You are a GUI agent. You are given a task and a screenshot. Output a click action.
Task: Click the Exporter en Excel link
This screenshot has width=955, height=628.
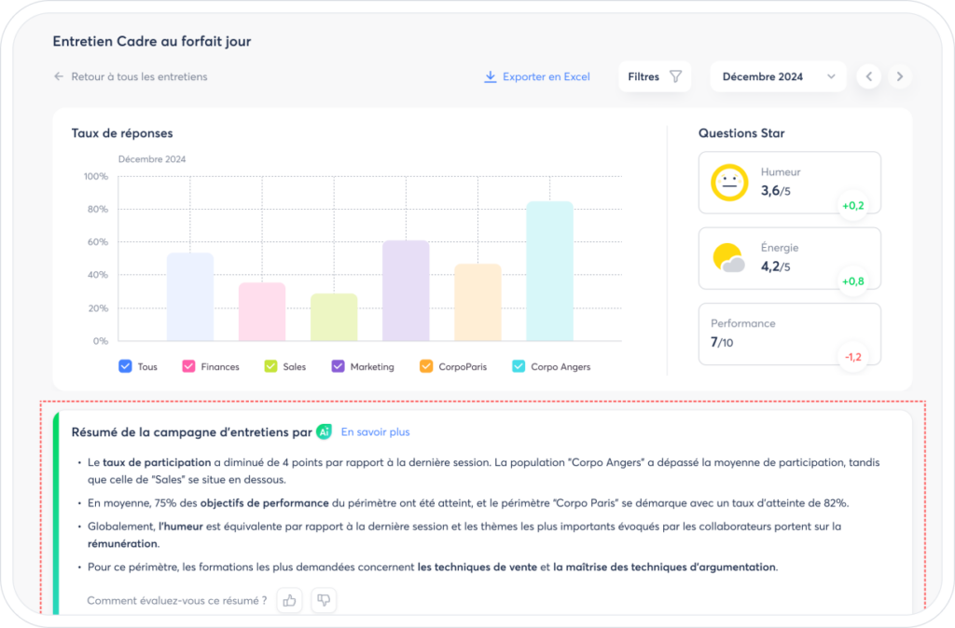536,76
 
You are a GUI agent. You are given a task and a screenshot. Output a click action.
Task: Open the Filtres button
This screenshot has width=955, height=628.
654,76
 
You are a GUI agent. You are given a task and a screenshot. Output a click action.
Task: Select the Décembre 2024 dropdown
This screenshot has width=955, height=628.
778,76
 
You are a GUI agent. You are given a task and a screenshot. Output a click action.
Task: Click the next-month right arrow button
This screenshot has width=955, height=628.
900,76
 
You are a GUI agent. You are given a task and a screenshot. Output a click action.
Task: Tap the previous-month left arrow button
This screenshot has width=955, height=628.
869,76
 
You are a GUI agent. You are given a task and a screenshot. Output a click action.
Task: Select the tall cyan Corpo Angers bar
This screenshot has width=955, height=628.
549,271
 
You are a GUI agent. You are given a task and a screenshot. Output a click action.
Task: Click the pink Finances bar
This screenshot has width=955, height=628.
262,311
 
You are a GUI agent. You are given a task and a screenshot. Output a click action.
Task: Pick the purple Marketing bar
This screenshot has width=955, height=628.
406,291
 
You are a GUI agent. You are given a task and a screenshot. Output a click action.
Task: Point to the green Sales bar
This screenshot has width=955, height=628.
334,317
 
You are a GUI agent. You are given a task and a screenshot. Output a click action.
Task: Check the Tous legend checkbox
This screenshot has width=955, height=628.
125,366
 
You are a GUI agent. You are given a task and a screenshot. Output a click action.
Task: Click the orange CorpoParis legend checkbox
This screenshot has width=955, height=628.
425,366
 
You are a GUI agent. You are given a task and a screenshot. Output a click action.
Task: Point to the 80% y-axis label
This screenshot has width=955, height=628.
97,210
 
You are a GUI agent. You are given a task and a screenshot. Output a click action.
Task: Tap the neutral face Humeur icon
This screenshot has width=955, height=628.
729,182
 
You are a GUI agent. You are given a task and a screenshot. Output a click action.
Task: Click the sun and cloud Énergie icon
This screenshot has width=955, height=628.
728,258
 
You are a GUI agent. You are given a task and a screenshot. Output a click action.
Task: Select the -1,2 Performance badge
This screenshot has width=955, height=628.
852,357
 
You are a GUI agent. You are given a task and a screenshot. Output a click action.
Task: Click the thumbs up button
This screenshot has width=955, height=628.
289,601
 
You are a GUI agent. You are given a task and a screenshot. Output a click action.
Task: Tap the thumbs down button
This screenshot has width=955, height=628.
324,601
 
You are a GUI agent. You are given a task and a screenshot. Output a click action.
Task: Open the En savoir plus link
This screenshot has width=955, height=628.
375,432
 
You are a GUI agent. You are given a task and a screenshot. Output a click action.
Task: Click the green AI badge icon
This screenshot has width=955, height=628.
324,432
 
